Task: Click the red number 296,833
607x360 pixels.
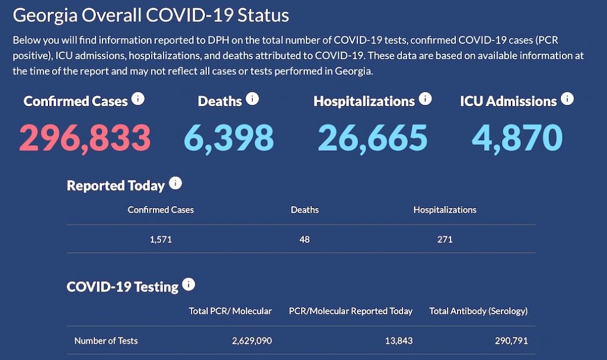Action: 85,137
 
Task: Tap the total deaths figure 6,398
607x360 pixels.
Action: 228,137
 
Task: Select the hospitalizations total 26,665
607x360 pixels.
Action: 372,137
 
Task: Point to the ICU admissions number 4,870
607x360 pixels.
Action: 517,137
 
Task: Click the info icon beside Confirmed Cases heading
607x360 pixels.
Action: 138,98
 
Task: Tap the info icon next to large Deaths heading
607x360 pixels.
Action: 252,98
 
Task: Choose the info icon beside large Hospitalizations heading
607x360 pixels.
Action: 425,98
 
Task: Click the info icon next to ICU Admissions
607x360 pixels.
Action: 567,98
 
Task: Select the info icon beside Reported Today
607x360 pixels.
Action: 175,183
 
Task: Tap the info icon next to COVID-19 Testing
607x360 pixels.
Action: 189,285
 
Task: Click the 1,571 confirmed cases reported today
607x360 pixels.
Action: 161,240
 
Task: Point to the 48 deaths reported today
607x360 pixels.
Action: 305,240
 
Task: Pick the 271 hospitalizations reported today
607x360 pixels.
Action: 445,240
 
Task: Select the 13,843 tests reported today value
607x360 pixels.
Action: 397,341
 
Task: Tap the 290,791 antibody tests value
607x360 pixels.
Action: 511,341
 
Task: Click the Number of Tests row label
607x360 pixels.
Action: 106,341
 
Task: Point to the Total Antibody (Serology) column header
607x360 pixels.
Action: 478,311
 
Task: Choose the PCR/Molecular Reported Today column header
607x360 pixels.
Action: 350,311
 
